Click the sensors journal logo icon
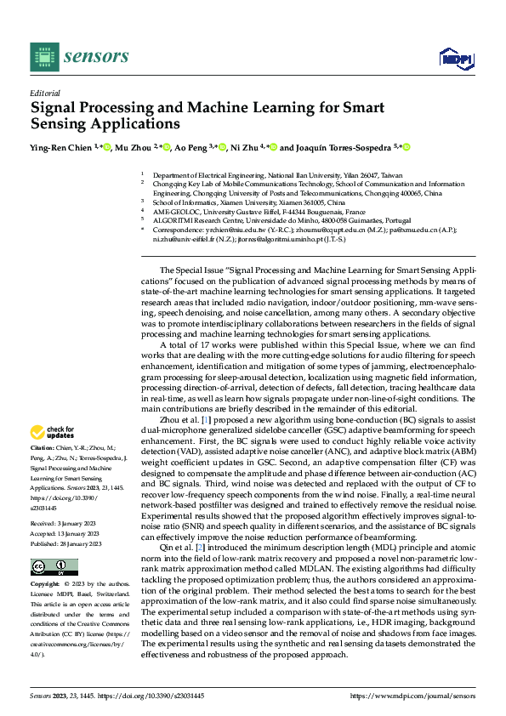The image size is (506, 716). click(x=43, y=57)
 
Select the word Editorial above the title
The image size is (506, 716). click(x=44, y=94)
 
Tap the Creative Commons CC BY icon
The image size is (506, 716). click(x=49, y=567)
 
